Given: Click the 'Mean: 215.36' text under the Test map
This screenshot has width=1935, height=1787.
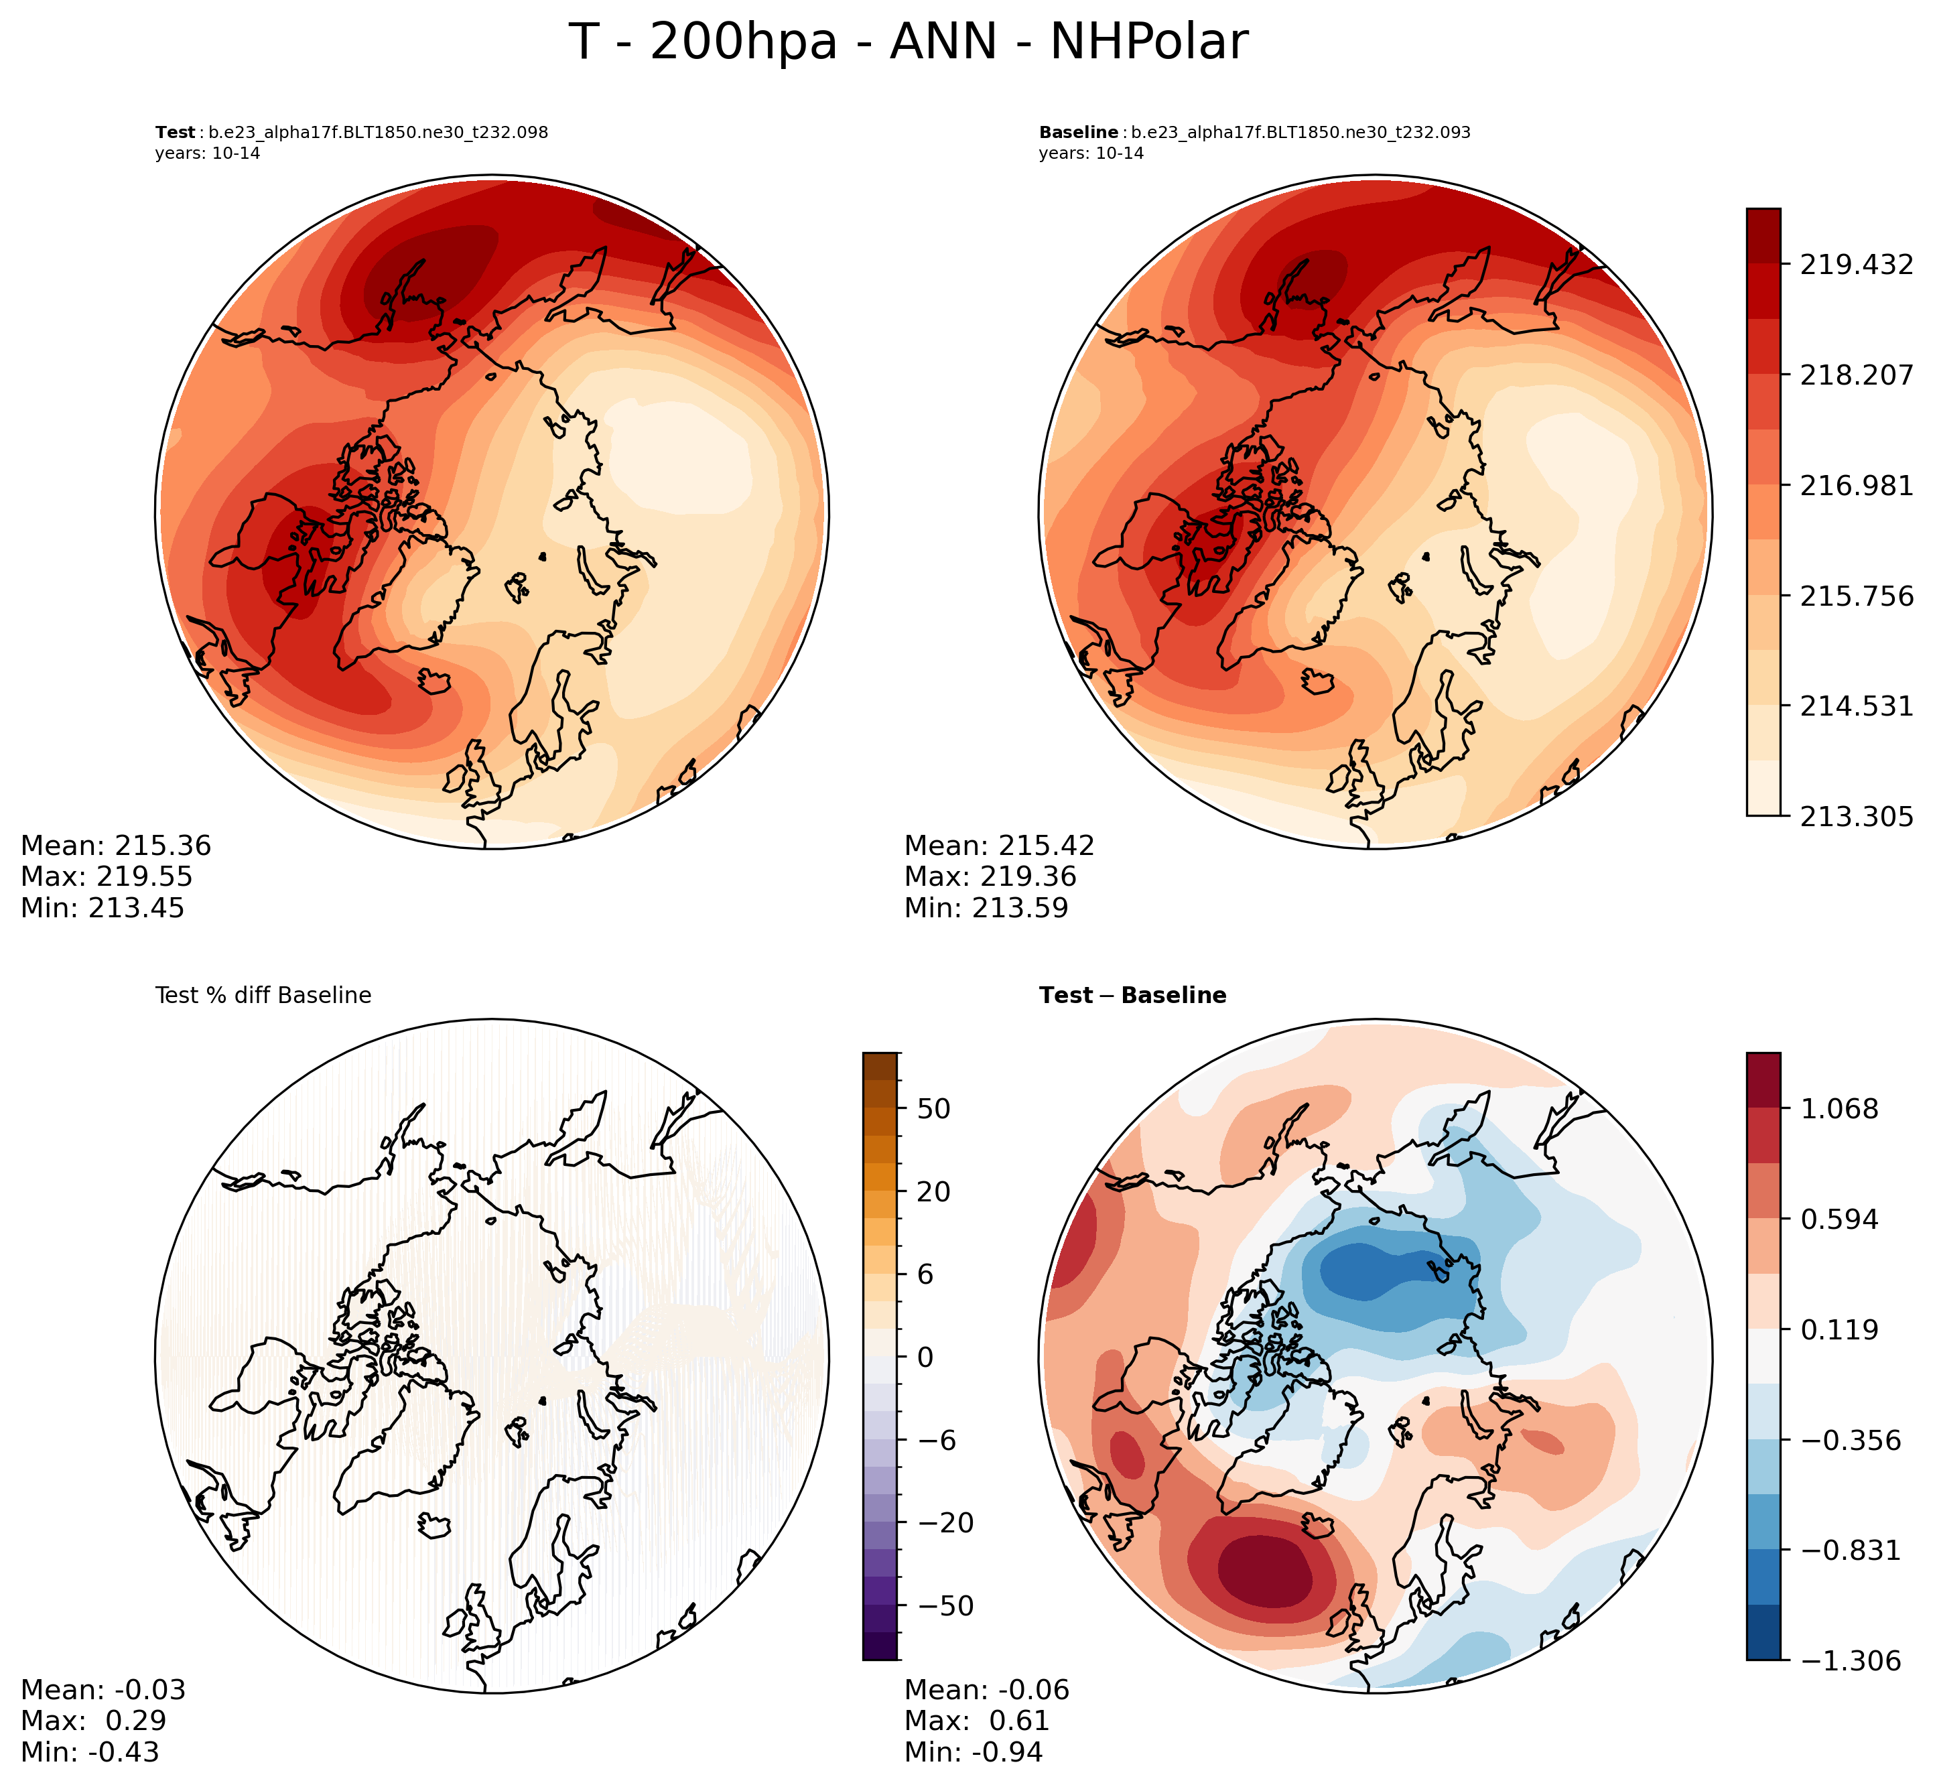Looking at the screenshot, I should (116, 846).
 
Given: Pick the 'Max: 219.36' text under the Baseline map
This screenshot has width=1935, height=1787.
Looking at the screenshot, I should (990, 877).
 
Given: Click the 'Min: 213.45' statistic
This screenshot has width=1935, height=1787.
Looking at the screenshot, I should (103, 908).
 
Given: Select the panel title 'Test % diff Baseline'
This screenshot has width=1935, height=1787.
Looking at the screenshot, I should (263, 996).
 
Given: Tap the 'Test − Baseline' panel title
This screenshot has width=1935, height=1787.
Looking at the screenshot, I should (1132, 996).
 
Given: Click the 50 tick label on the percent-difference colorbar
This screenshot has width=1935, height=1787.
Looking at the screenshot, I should (934, 1109).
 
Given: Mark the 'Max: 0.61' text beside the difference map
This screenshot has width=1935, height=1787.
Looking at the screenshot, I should (977, 1721).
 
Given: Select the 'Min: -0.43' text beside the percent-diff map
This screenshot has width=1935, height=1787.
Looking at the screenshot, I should (90, 1752).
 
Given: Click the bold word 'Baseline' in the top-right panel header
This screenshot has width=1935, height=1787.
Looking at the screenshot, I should (1078, 133).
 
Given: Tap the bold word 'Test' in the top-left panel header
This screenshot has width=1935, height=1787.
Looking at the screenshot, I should (175, 133).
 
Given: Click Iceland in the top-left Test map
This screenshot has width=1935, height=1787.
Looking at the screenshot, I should (435, 681).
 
